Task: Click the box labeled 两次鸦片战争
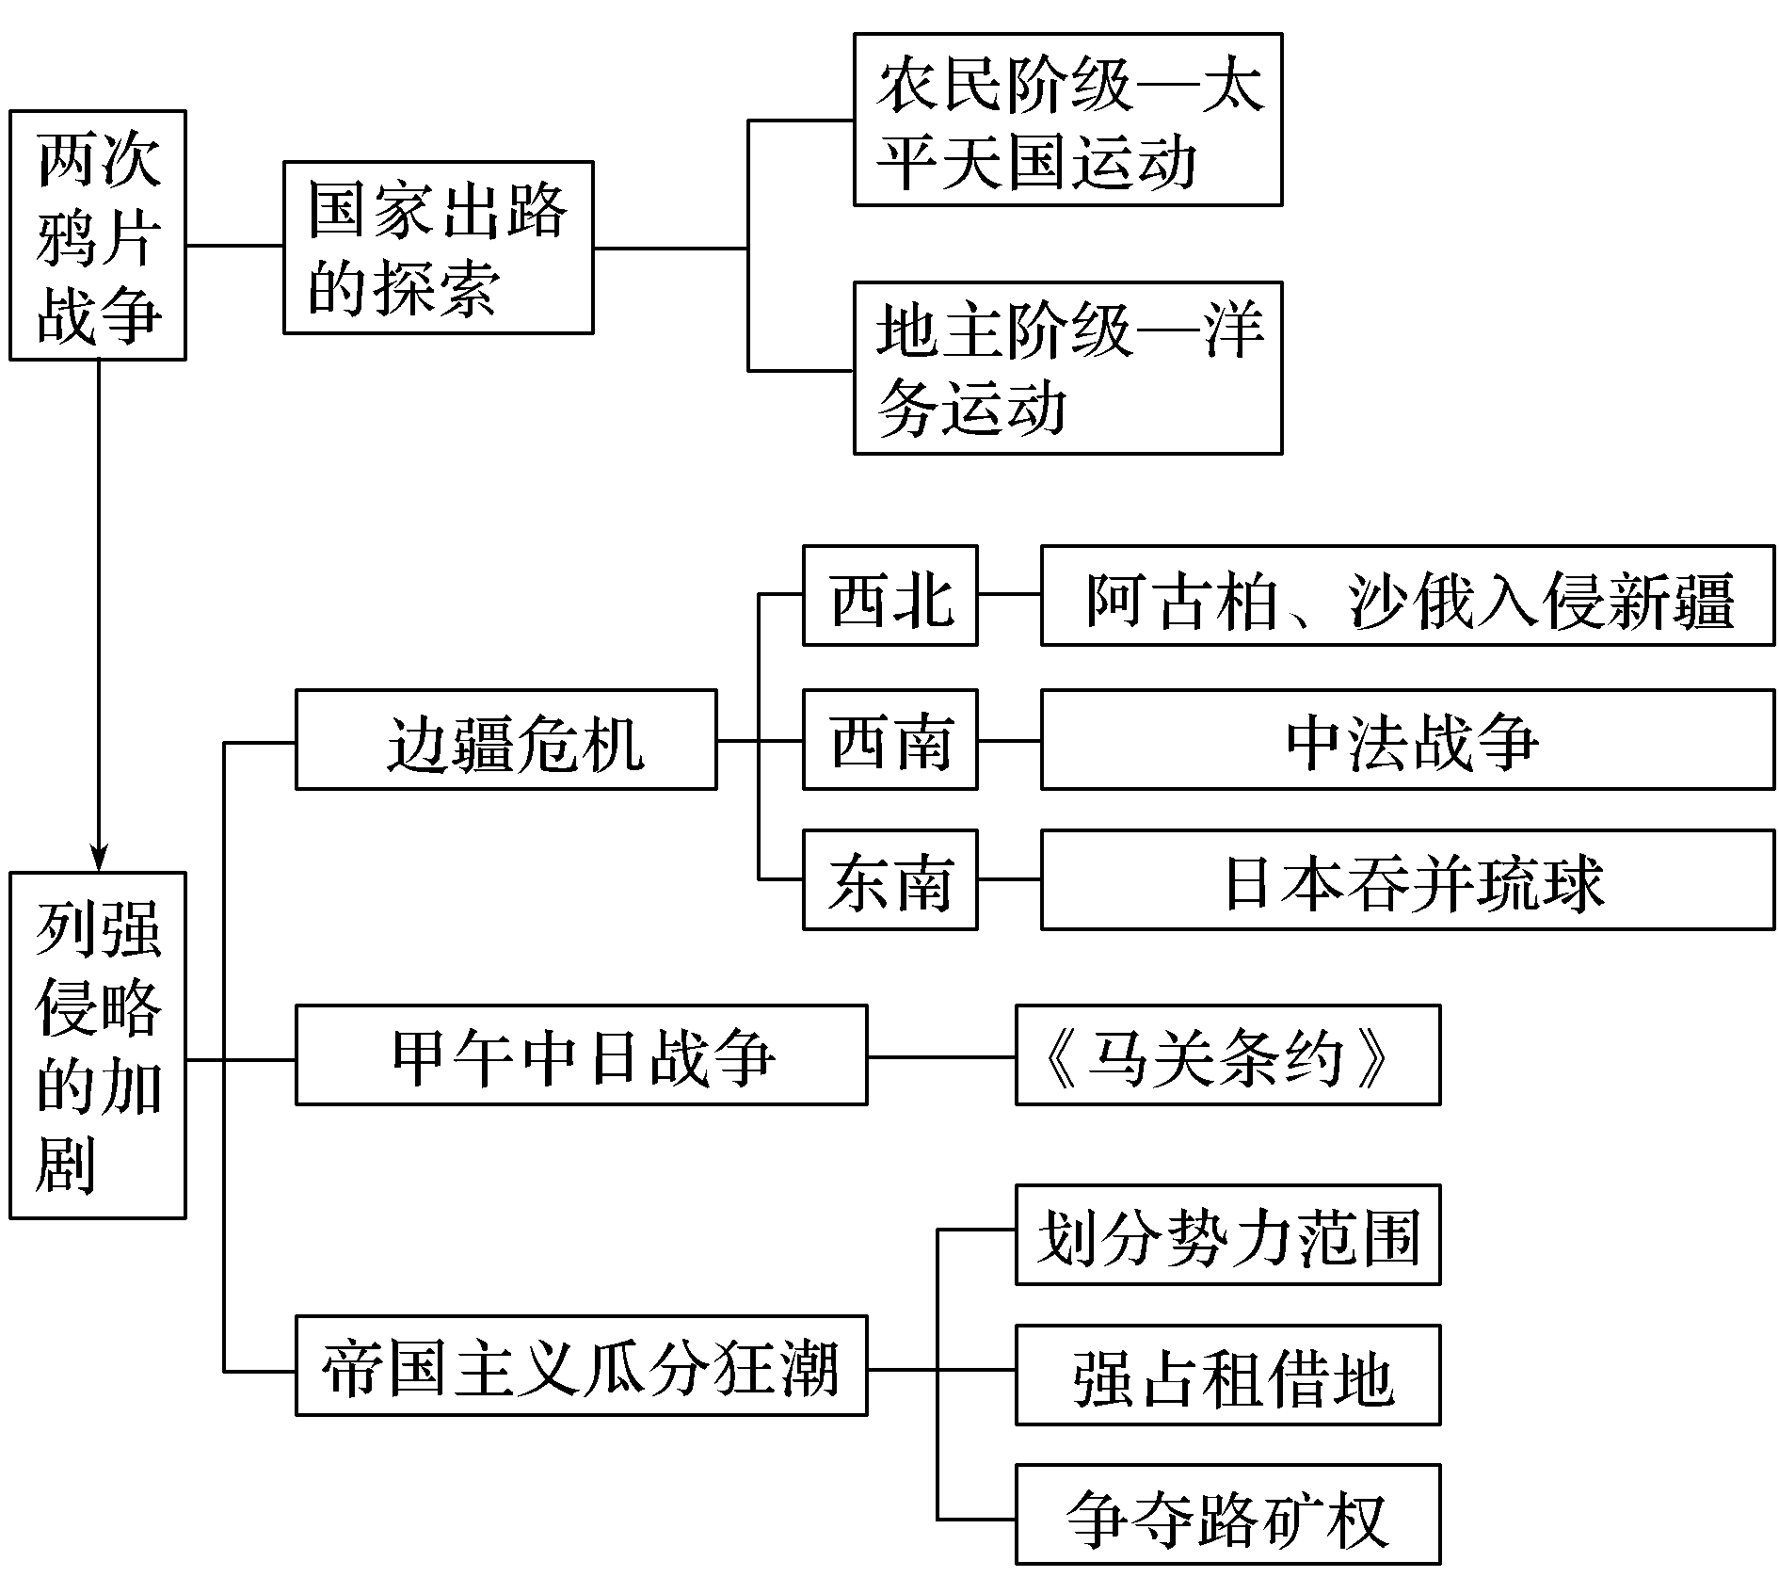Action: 97,235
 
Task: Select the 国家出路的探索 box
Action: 439,248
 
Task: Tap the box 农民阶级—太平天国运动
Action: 1067,120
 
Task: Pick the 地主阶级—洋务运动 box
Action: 1067,368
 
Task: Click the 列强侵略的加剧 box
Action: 97,1046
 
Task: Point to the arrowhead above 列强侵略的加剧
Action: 98,859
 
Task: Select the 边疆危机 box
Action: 505,740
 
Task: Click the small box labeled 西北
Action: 889,596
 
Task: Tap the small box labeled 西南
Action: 889,740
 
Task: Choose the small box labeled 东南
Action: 889,880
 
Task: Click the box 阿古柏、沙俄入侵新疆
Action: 1407,596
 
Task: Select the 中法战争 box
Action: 1407,740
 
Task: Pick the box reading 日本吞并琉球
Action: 1407,880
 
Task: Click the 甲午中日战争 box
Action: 581,1055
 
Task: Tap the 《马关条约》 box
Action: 1227,1055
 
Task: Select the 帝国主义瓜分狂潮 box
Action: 581,1366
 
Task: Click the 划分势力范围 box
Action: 1227,1235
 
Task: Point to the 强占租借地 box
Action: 1227,1376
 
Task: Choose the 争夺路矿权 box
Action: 1227,1515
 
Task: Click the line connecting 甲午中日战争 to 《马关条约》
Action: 941,1057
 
